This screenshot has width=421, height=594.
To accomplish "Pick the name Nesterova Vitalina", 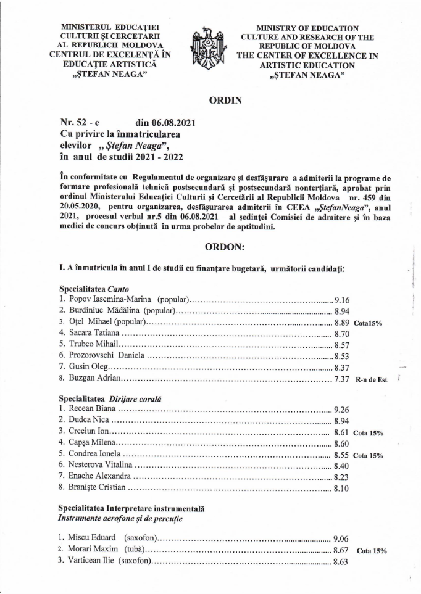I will [99, 466].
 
